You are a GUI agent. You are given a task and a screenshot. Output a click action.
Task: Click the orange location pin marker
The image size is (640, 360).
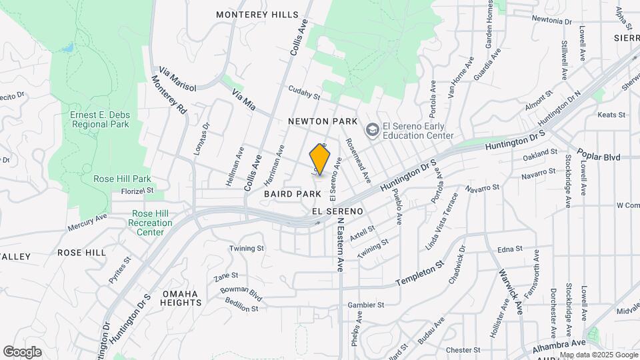coord(321,160)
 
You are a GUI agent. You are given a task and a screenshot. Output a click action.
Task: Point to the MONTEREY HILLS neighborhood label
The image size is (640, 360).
coord(257,15)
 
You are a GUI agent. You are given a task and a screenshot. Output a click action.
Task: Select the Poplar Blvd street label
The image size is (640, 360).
coord(600,157)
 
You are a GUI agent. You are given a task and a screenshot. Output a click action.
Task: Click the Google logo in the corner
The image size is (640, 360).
coord(22,351)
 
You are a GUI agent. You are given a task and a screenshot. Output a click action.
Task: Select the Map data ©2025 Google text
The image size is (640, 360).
coord(598,355)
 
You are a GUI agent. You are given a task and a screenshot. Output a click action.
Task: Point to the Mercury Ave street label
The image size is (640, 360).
coord(87,223)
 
